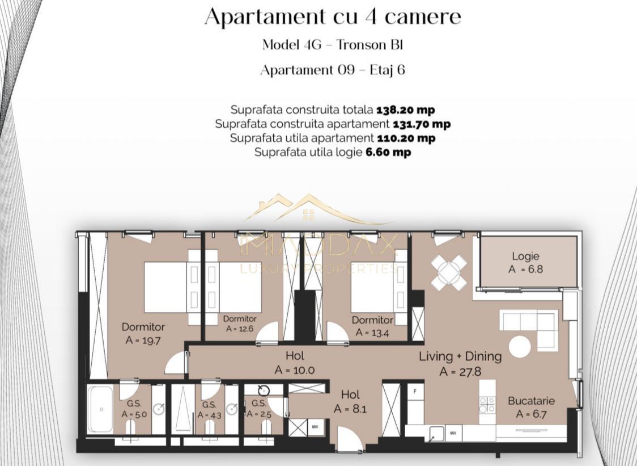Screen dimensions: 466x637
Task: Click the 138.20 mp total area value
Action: click(405, 110)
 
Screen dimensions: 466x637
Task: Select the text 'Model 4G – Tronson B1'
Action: click(333, 45)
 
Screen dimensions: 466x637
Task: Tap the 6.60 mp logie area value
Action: click(388, 152)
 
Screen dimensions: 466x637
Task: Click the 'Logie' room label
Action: click(525, 256)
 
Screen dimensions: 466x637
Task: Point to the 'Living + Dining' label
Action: click(460, 356)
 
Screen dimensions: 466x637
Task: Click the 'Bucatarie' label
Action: click(530, 401)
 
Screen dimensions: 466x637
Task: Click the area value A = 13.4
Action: click(372, 333)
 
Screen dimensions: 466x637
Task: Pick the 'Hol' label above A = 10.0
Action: click(295, 356)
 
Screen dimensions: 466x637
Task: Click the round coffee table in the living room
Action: click(520, 346)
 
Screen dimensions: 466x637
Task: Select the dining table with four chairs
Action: click(449, 272)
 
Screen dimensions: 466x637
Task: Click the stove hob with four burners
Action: click(487, 404)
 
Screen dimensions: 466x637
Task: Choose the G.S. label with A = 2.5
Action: click(258, 408)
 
